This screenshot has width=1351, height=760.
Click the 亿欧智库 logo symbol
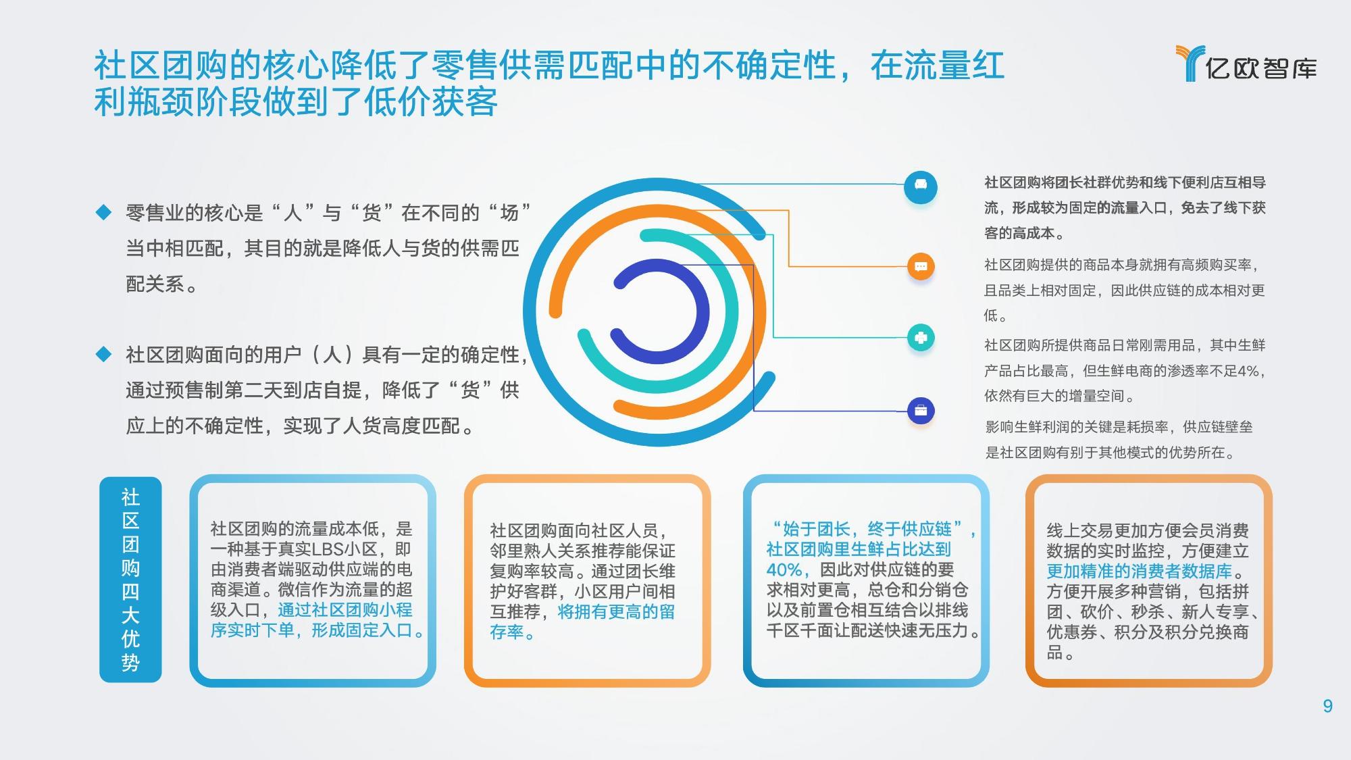[1190, 63]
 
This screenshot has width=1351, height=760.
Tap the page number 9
[1327, 707]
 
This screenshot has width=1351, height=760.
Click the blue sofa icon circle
[920, 185]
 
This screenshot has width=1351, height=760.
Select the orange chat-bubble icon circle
[920, 266]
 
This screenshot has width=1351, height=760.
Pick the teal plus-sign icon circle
[920, 337]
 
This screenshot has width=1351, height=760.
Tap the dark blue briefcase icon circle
[920, 410]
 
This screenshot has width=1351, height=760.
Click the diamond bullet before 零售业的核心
[103, 213]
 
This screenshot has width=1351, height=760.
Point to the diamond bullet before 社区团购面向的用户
[103, 355]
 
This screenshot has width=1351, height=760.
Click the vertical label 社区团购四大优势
[130, 580]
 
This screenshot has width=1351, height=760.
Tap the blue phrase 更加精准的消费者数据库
[1139, 572]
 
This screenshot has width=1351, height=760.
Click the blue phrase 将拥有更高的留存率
[582, 622]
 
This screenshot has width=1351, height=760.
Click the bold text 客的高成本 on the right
[1019, 234]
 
